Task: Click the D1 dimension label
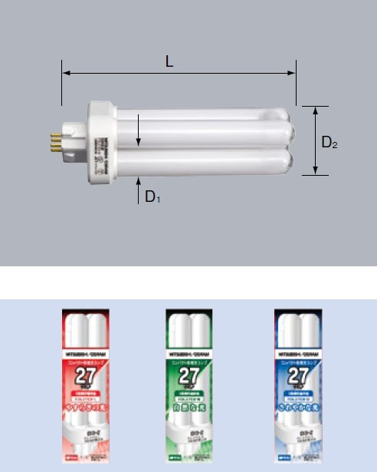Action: (x=152, y=196)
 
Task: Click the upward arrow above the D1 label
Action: (x=139, y=180)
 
